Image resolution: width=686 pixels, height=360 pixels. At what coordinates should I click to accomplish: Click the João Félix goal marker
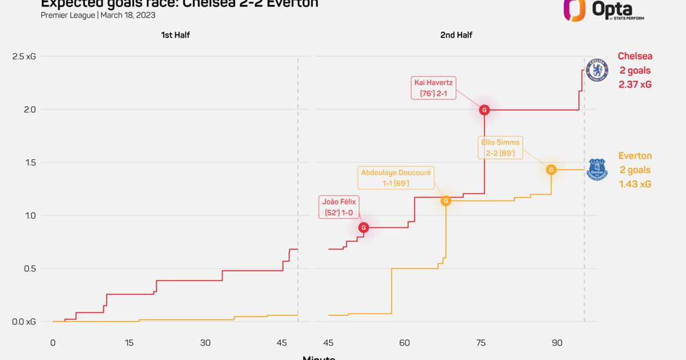pyautogui.click(x=364, y=228)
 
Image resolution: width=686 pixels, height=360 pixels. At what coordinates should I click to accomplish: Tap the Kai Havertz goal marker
pyautogui.click(x=484, y=110)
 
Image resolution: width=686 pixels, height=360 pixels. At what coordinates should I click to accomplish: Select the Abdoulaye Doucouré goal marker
pyautogui.click(x=445, y=201)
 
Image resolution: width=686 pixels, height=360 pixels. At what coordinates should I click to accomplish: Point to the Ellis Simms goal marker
pyautogui.click(x=551, y=170)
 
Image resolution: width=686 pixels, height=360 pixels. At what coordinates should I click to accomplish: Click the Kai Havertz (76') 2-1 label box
pyautogui.click(x=434, y=88)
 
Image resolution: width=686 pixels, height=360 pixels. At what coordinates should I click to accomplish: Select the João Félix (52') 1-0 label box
pyautogui.click(x=338, y=207)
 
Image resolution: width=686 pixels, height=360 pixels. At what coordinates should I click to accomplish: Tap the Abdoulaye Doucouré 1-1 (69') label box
pyautogui.click(x=396, y=178)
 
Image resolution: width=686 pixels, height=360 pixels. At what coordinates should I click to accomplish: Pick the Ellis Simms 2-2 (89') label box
pyautogui.click(x=501, y=148)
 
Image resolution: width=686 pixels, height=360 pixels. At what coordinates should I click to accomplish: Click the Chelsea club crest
pyautogui.click(x=597, y=69)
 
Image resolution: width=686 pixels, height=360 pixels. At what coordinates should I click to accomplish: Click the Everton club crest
pyautogui.click(x=597, y=169)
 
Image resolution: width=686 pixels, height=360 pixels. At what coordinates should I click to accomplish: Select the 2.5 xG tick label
pyautogui.click(x=24, y=57)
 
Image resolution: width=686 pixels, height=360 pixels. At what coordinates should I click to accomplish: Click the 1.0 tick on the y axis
pyautogui.click(x=28, y=215)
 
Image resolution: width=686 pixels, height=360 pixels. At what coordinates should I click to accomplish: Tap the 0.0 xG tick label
pyautogui.click(x=24, y=322)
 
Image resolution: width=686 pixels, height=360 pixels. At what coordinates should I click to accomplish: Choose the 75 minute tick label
pyautogui.click(x=481, y=343)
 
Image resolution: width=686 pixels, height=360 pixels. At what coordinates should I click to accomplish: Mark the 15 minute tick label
pyautogui.click(x=129, y=343)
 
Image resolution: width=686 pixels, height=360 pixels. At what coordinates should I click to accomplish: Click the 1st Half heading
pyautogui.click(x=175, y=35)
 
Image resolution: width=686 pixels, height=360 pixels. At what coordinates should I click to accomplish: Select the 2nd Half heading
pyautogui.click(x=456, y=35)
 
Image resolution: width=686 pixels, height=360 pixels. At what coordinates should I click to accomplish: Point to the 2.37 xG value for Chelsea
pyautogui.click(x=635, y=85)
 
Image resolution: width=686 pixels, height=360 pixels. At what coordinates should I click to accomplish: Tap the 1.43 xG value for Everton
pyautogui.click(x=635, y=184)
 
